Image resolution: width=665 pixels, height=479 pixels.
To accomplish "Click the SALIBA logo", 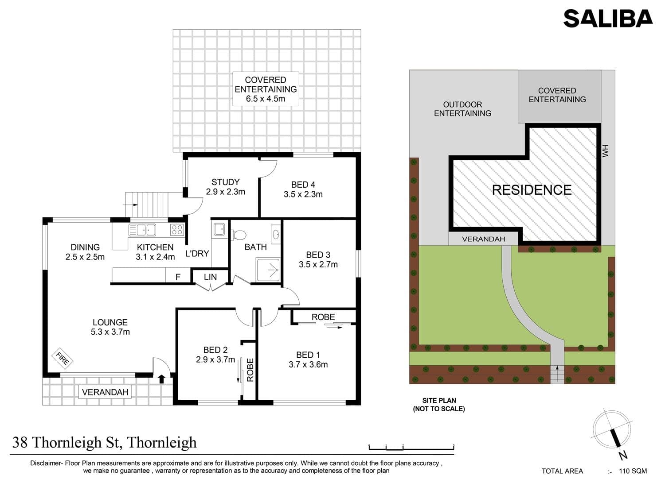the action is pos(608,19).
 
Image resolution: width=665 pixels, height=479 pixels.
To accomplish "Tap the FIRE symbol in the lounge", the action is pos(63,358).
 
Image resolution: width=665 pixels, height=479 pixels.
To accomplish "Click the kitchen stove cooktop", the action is pos(177,230).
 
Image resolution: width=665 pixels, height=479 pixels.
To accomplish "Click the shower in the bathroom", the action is pos(268,270).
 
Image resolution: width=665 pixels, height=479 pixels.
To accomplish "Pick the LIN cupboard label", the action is pos(210,277).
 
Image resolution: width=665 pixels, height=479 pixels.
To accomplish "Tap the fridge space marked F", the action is pos(178,277).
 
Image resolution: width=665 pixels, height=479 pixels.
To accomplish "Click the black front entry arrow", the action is pos(161,379).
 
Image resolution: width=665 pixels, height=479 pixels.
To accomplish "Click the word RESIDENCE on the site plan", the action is pos(532,190).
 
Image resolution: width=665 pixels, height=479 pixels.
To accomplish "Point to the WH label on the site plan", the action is pos(605,151).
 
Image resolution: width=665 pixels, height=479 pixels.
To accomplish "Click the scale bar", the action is pos(411,448).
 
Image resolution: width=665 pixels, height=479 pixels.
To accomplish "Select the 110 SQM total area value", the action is pos(633,471).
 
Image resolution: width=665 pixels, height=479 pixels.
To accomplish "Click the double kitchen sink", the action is pos(142,230).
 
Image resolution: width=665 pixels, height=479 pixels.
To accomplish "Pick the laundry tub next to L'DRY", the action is pos(219,229).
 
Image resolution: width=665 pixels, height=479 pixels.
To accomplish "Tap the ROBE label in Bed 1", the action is pos(323,317).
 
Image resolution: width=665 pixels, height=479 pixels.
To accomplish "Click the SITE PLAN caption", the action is pos(439,405).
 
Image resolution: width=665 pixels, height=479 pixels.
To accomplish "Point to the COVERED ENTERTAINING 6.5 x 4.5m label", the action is pos(266,89).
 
